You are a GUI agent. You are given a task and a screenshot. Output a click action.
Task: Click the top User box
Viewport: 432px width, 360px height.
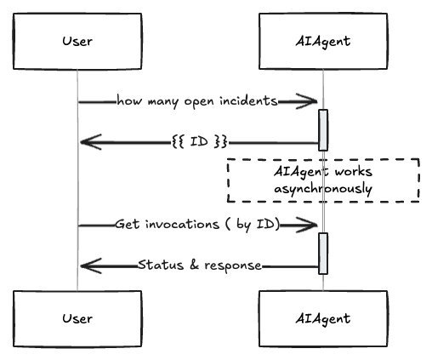click(77, 41)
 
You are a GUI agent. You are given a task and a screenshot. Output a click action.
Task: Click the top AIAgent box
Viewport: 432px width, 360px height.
click(323, 41)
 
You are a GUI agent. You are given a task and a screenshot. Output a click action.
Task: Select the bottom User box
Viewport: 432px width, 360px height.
click(77, 318)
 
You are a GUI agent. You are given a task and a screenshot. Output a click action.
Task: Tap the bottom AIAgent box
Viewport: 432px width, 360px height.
click(323, 318)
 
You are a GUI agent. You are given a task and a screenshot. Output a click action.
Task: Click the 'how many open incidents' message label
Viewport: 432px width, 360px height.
click(197, 101)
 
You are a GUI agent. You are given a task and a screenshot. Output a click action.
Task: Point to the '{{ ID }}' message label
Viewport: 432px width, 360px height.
click(200, 141)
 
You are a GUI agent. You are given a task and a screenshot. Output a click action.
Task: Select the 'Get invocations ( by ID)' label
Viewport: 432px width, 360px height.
click(197, 225)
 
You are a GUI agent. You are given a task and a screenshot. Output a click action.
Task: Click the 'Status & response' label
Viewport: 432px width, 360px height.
click(200, 266)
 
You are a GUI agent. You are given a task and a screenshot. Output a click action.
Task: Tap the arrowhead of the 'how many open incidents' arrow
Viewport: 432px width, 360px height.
click(307, 101)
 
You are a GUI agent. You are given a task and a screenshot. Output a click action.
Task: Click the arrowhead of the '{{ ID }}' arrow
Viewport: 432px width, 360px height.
click(91, 142)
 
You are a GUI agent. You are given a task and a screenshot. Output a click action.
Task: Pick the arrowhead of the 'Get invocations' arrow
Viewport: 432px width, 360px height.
click(307, 226)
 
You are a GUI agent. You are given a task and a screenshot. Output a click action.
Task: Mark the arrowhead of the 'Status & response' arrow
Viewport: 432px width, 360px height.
click(91, 266)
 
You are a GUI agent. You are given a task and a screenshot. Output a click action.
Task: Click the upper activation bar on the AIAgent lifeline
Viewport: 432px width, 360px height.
click(323, 130)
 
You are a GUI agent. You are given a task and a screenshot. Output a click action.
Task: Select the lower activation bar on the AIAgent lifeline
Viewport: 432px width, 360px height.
click(323, 254)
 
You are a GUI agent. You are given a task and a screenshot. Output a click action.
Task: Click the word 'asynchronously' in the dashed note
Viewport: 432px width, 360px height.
click(323, 189)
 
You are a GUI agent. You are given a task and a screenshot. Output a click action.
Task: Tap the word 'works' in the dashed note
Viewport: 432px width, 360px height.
click(353, 172)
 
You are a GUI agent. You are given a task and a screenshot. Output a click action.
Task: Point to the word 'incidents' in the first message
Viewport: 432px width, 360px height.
click(248, 100)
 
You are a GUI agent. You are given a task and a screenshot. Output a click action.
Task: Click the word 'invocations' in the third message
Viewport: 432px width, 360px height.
click(183, 224)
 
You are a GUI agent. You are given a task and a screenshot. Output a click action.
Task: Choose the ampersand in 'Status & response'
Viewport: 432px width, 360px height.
click(194, 265)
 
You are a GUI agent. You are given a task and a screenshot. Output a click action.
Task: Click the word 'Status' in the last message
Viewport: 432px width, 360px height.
click(161, 265)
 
